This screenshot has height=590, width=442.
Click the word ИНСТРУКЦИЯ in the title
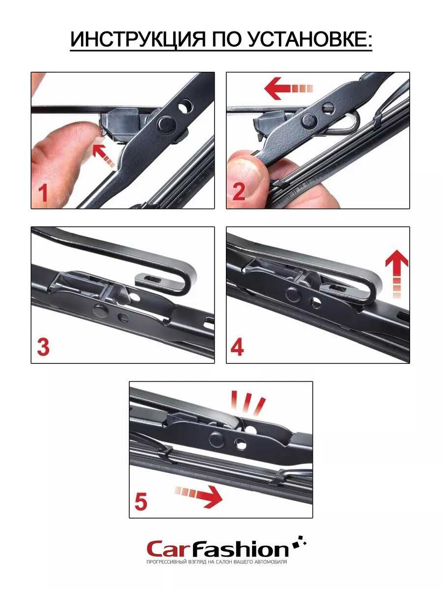[138, 40]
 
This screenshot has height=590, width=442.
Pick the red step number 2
[239, 192]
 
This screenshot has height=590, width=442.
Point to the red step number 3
[43, 347]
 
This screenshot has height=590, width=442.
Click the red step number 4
[237, 347]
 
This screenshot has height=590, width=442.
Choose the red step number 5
[140, 501]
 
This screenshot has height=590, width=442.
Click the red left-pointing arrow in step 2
[288, 88]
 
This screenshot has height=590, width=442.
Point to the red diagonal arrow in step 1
[103, 156]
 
